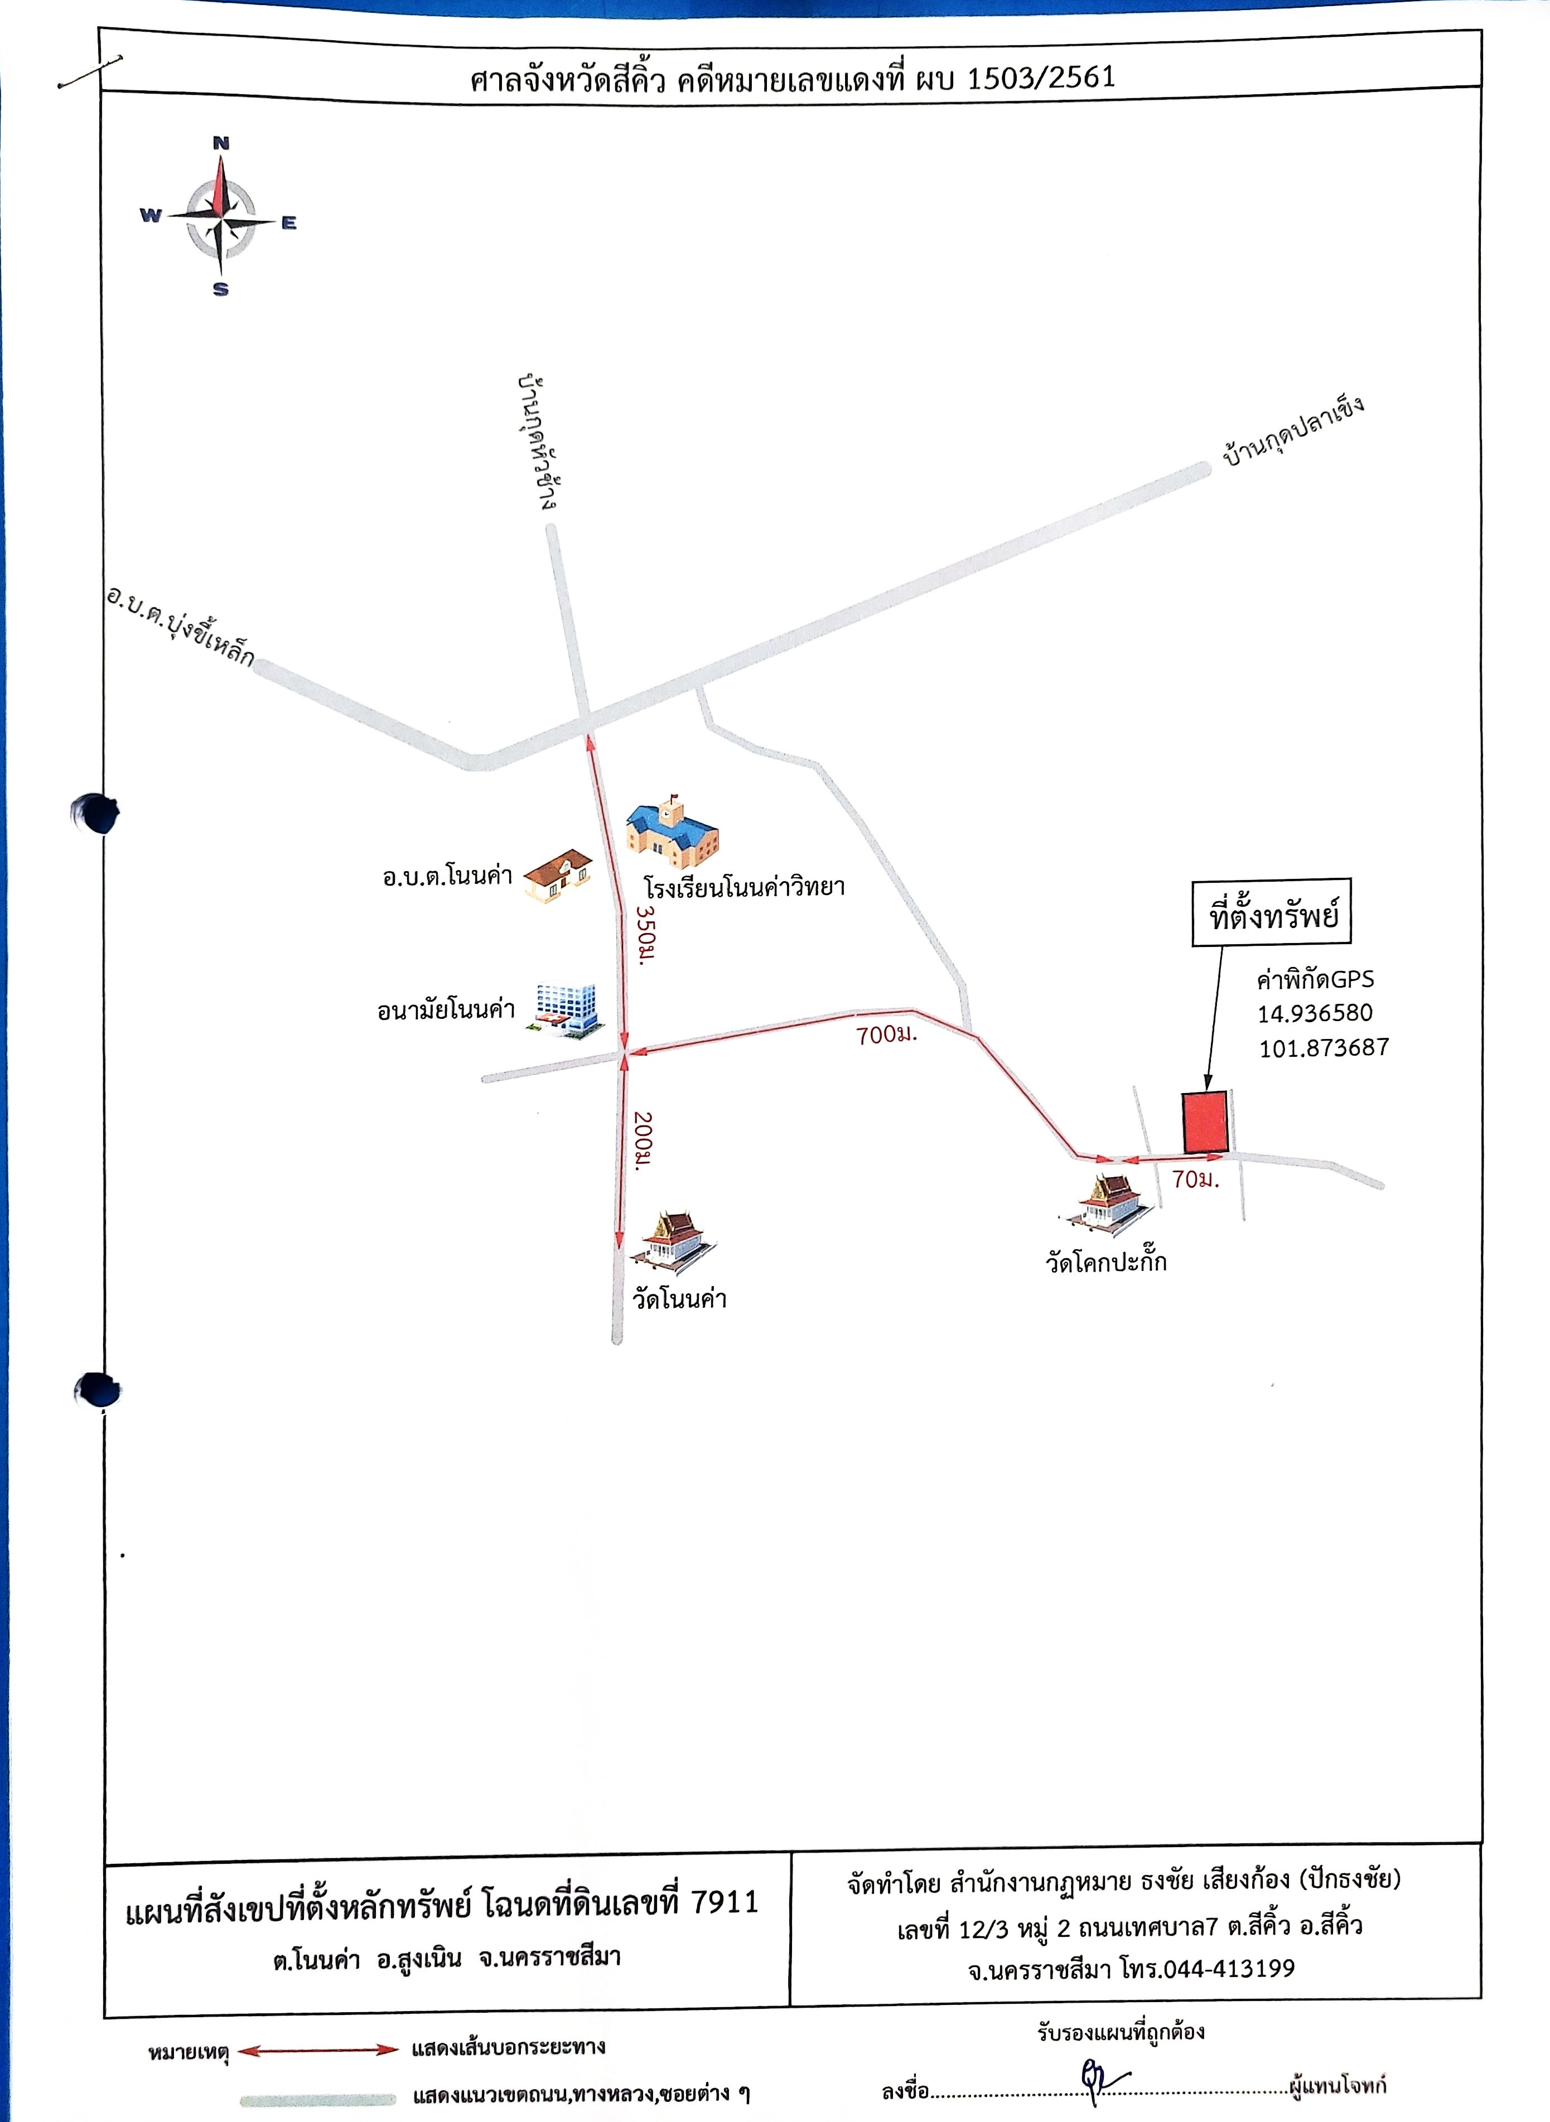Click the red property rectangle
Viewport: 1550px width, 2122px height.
1205,1122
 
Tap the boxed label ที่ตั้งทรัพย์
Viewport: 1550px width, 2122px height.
1272,913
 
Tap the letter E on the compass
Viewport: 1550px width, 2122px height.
289,223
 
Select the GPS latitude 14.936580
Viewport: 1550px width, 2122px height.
1315,1014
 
